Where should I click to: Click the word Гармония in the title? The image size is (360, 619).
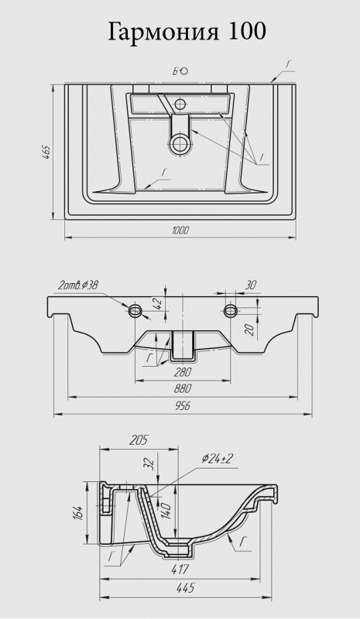tap(163, 32)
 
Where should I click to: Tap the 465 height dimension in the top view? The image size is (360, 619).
tap(46, 152)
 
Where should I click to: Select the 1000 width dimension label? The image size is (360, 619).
tap(180, 230)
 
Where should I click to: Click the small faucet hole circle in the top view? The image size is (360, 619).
tap(180, 104)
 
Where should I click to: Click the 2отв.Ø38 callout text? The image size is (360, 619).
tap(78, 286)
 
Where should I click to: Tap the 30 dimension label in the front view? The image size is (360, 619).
tap(251, 285)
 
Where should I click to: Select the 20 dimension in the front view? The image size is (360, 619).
tap(249, 329)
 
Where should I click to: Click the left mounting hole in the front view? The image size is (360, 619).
tap(135, 310)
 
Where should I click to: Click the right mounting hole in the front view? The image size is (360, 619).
tap(230, 310)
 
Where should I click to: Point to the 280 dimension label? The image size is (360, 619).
tap(182, 372)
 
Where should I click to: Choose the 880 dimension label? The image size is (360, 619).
tap(182, 388)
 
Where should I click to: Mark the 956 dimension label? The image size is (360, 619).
tap(182, 405)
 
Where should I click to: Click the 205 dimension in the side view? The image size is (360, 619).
tap(139, 439)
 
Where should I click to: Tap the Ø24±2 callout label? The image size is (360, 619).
tap(218, 458)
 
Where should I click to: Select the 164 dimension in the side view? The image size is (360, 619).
tap(78, 512)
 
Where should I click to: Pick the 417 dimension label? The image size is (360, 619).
tap(180, 569)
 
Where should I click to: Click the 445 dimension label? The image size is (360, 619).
tap(185, 588)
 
